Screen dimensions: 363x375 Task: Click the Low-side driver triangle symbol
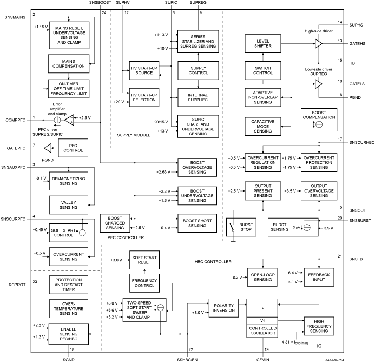(318, 84)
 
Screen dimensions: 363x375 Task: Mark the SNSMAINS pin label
(16, 18)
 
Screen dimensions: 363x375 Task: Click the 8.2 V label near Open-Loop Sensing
(238, 277)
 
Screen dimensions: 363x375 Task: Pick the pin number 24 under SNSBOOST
(103, 12)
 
